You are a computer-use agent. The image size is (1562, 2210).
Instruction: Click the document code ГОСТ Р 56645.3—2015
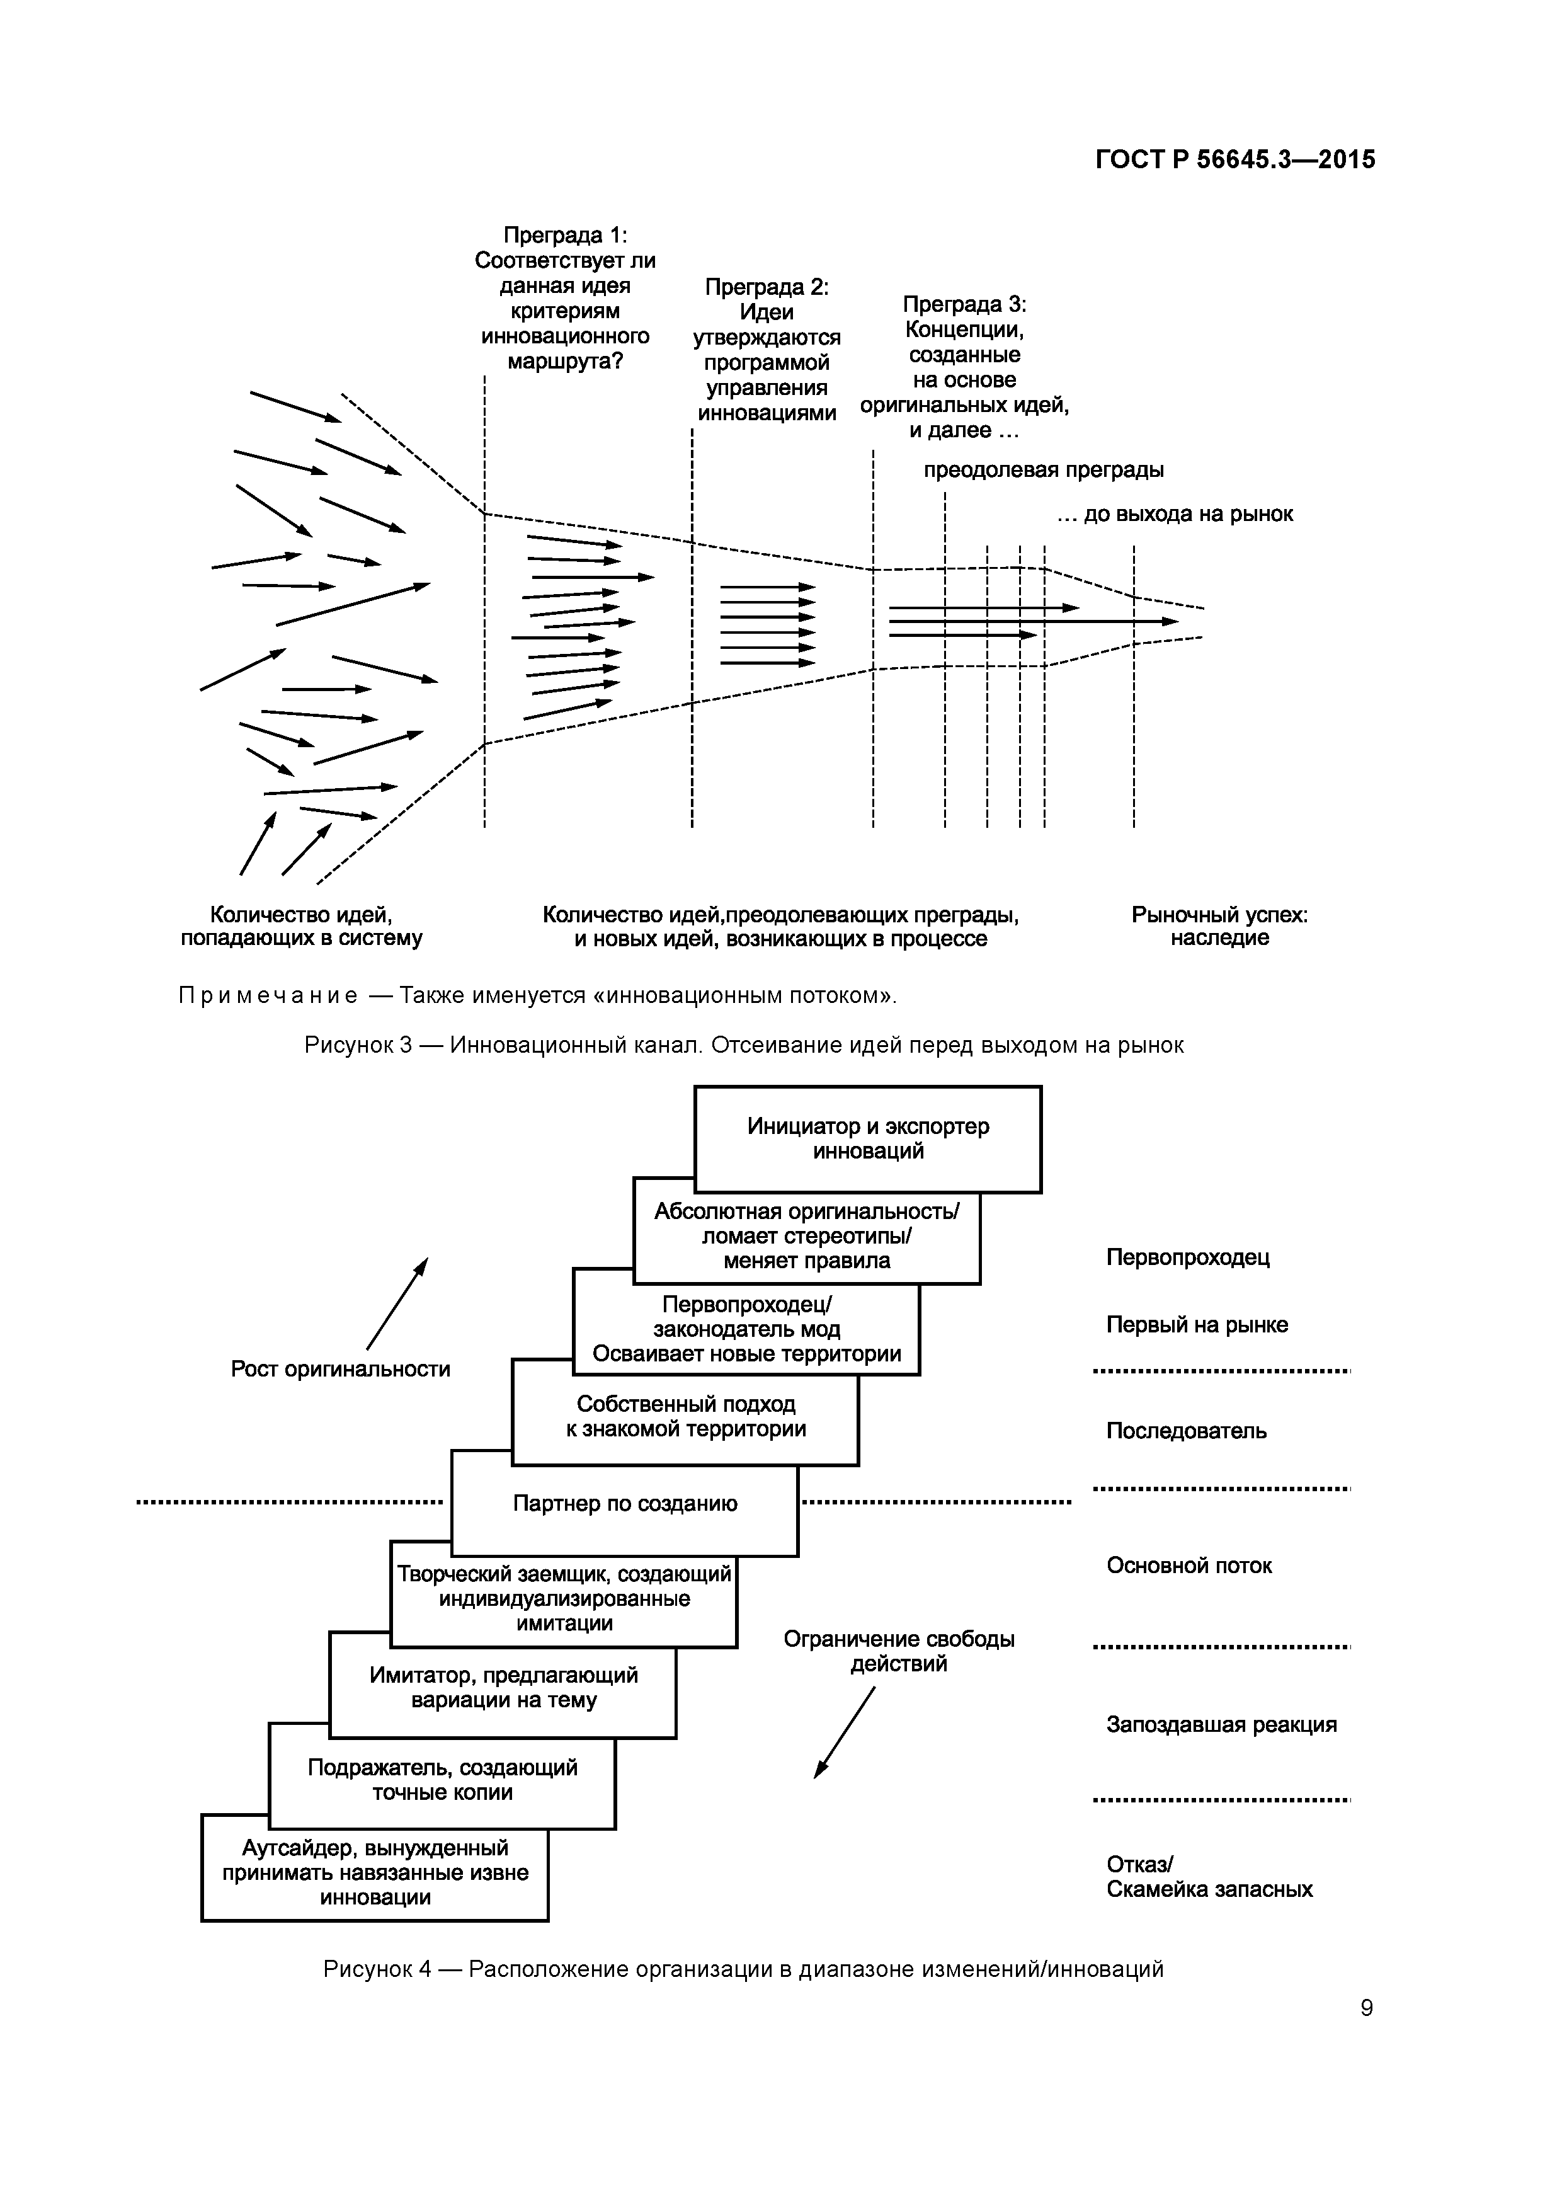point(1234,160)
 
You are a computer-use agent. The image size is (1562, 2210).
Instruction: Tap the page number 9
point(1367,2008)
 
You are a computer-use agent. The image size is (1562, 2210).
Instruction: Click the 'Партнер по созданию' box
point(625,1504)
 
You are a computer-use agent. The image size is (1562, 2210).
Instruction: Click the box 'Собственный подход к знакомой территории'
point(685,1416)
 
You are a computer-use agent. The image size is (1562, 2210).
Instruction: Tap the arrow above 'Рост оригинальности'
point(397,1303)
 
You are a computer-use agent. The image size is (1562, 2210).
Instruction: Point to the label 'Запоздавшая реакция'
point(1221,1724)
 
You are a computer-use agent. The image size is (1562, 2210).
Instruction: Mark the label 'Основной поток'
point(1189,1565)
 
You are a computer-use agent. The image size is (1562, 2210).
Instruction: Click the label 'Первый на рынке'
point(1196,1324)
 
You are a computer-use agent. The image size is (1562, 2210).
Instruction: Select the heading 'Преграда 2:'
point(766,287)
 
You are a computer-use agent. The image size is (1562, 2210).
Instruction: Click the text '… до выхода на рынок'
point(1174,514)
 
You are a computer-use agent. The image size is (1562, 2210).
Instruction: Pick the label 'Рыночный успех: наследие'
point(1219,926)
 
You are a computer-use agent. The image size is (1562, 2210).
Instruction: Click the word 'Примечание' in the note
point(268,995)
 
